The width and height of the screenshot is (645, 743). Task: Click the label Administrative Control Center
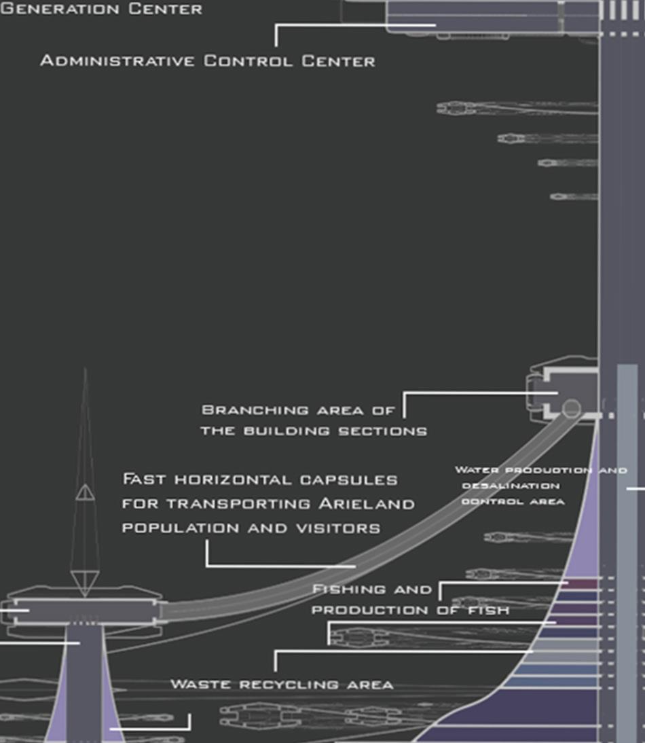coord(207,61)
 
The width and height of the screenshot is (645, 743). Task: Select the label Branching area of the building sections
coord(313,420)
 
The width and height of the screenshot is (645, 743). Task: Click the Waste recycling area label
coord(281,684)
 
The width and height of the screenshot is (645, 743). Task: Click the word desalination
coord(511,486)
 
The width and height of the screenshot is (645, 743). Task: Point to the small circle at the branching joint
coord(572,408)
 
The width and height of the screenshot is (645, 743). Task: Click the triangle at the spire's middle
coord(85,492)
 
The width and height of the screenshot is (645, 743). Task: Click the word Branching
coord(245,410)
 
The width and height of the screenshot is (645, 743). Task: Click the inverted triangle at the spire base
coord(85,583)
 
